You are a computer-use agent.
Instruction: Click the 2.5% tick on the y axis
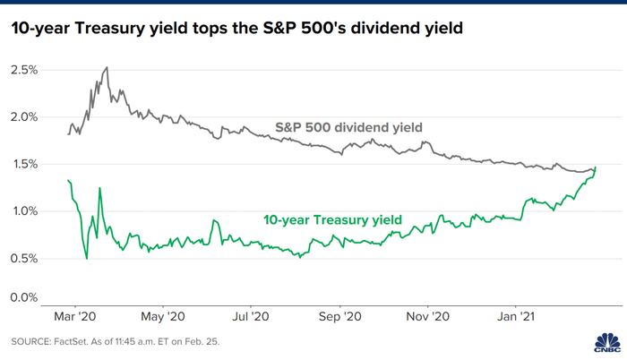[24, 70]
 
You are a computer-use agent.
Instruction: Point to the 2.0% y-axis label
[24, 117]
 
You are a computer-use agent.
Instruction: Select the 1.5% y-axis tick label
[24, 165]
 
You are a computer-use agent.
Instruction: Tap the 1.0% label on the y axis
[24, 211]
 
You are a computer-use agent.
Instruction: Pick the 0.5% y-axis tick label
[24, 259]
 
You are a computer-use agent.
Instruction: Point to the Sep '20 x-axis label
[340, 316]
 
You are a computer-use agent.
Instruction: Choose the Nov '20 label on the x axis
[428, 316]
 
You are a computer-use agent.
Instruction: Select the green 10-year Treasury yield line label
[332, 219]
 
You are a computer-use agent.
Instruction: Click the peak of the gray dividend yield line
[107, 67]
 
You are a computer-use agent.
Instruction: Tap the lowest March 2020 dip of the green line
[87, 259]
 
